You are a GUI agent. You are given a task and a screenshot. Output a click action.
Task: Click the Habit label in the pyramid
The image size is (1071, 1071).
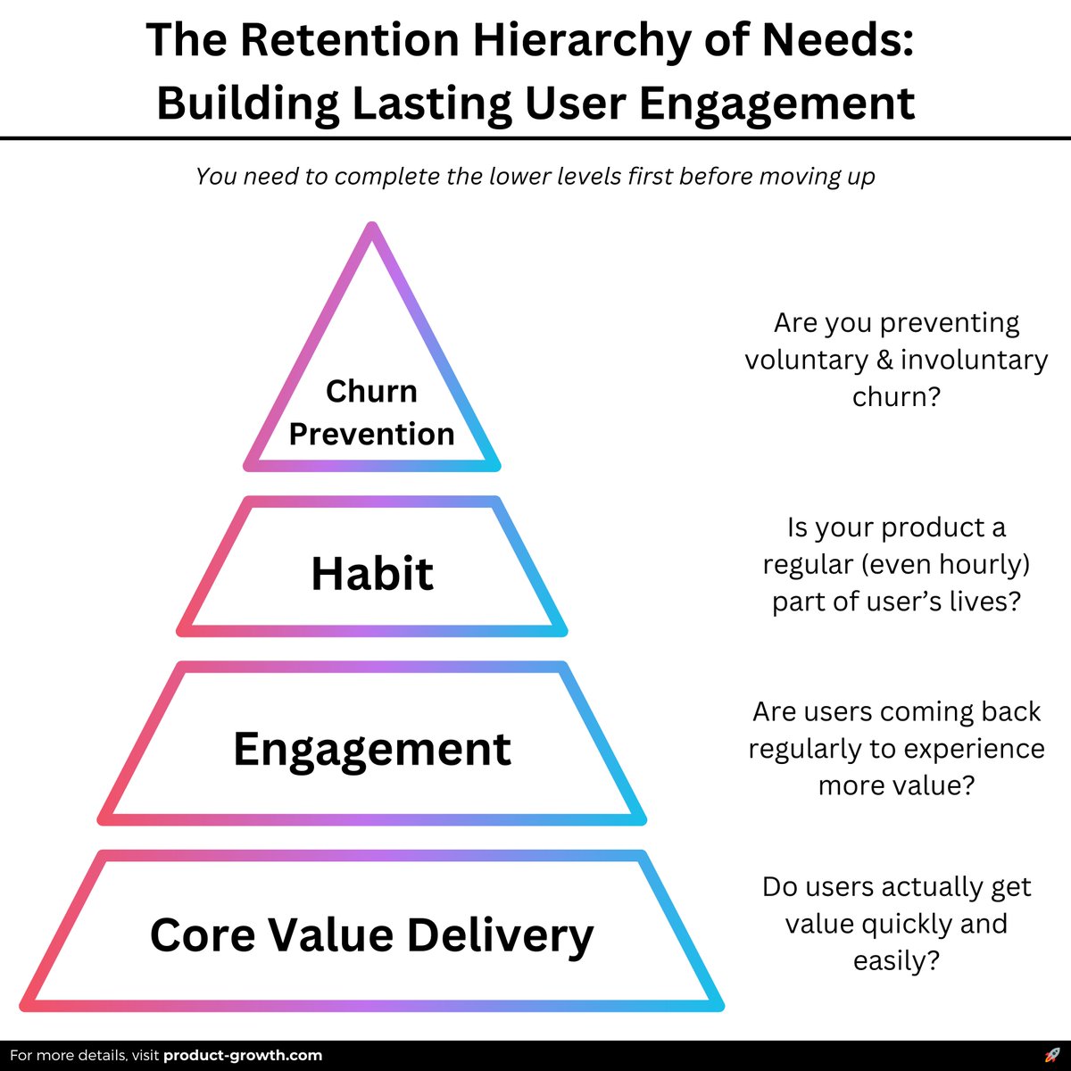tap(372, 573)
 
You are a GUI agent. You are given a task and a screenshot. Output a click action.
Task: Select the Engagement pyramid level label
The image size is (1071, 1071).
tap(372, 749)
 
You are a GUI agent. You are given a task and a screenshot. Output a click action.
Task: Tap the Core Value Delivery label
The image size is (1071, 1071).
tap(371, 935)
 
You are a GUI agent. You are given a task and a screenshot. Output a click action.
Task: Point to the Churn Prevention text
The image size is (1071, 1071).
tap(371, 412)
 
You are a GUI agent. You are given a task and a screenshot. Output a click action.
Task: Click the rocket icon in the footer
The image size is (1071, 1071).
tap(1051, 1055)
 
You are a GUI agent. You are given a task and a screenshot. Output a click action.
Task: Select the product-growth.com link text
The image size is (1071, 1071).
tap(243, 1055)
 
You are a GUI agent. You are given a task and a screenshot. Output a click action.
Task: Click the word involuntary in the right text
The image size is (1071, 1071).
tap(974, 360)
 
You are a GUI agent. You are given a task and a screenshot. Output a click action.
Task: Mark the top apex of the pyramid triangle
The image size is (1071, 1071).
tap(372, 228)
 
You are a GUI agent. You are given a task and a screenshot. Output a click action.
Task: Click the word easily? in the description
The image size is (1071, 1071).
tap(896, 961)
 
